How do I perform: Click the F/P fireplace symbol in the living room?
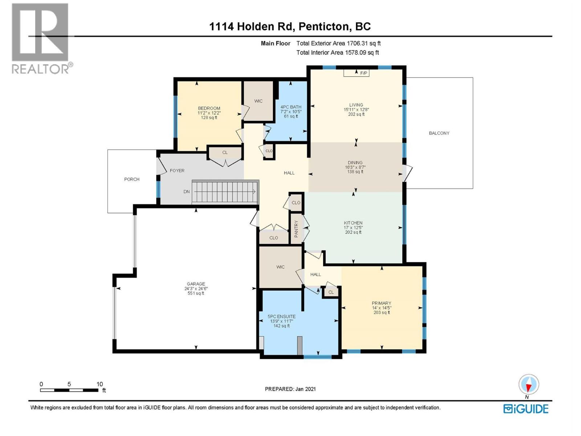(x=356, y=73)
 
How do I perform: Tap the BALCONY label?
(x=439, y=133)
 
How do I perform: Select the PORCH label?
(x=131, y=179)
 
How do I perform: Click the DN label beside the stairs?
(x=186, y=191)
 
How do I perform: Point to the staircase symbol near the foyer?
(x=225, y=191)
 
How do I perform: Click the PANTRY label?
(x=296, y=229)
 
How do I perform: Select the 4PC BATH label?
(x=291, y=107)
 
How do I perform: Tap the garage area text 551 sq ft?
(x=196, y=293)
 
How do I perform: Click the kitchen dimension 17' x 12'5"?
(x=353, y=227)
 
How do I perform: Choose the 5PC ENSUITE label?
(x=281, y=316)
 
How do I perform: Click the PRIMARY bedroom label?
(x=381, y=303)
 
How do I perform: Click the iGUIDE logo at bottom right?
(x=526, y=409)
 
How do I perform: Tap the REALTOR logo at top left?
(x=41, y=38)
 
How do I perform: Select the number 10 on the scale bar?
(x=99, y=384)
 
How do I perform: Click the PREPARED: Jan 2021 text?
(x=290, y=389)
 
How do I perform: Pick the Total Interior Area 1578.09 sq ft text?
(x=337, y=52)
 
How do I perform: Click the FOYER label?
(x=177, y=170)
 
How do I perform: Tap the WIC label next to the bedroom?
(x=258, y=101)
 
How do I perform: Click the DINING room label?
(x=355, y=162)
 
